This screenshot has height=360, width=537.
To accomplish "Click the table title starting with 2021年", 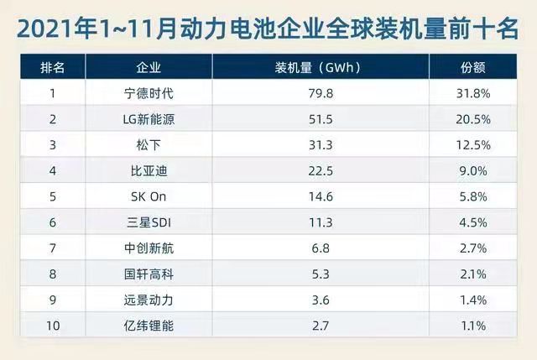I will (268, 27).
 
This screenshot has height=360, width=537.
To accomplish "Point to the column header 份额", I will (472, 66).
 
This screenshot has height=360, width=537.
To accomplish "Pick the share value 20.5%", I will (472, 119).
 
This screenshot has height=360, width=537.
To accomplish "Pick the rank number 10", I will (52, 326).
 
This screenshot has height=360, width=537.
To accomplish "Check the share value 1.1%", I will (472, 326).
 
